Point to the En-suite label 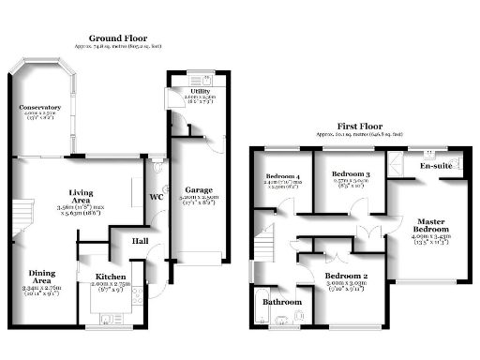437,166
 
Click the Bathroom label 282,302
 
